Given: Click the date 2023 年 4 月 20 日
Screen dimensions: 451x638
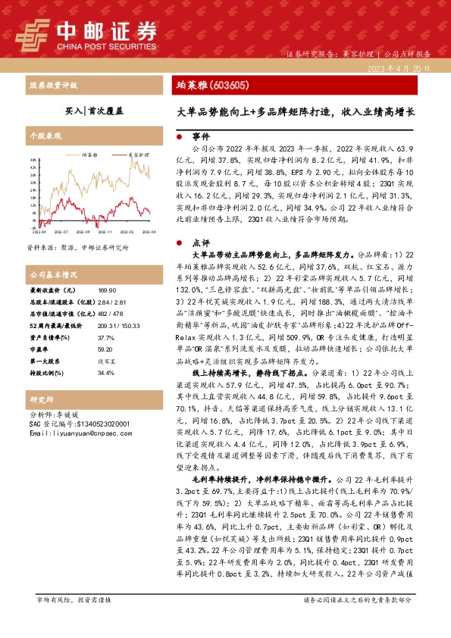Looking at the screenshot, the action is click(x=402, y=69).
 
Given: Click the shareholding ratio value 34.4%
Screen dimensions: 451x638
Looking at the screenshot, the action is click(x=105, y=373).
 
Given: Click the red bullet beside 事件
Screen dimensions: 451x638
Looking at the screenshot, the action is click(x=178, y=139).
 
